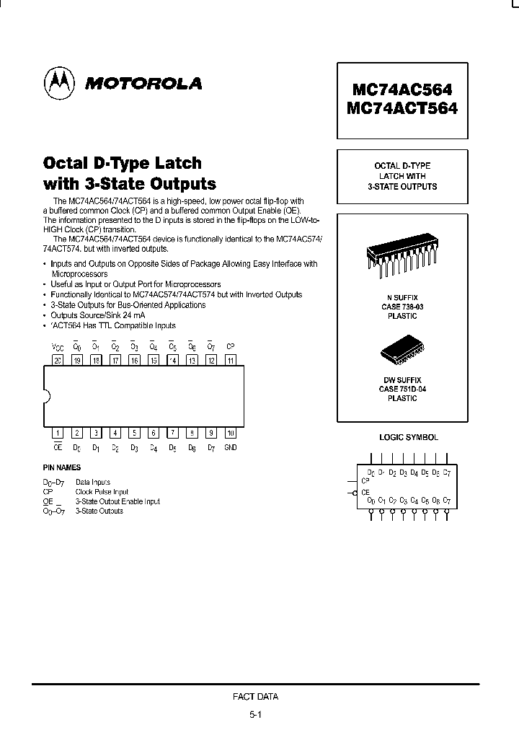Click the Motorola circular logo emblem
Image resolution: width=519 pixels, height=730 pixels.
click(59, 84)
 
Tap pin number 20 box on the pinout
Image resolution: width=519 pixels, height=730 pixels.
click(58, 360)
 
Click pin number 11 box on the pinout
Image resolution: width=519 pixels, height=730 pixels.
click(230, 360)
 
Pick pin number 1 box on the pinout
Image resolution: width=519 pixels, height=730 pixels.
click(58, 434)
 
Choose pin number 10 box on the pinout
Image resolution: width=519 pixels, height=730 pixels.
click(230, 434)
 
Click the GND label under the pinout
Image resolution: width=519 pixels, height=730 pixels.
click(230, 448)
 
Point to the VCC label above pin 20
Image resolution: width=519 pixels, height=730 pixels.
click(58, 347)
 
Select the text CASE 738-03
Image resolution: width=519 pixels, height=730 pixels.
click(402, 307)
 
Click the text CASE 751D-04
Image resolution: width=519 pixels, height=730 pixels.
click(402, 390)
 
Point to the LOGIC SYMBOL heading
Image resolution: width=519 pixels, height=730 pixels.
click(409, 438)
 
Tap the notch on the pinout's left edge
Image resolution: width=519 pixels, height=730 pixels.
click(47, 395)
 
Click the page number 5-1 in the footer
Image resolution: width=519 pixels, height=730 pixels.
click(255, 716)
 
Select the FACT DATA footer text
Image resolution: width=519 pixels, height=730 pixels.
click(255, 697)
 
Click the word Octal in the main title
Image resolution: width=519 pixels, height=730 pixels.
click(71, 163)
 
